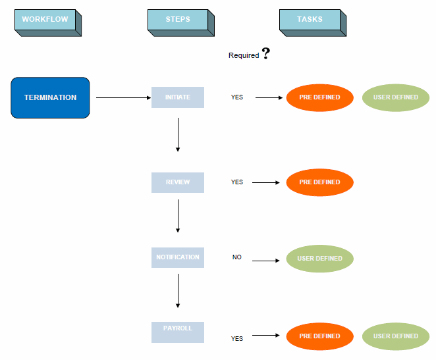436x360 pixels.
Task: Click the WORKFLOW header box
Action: point(45,20)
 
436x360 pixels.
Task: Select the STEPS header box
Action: point(178,20)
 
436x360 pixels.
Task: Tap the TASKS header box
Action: point(310,20)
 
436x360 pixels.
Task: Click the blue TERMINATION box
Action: point(50,97)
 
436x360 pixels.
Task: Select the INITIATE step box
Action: point(178,97)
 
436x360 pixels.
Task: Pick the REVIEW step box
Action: point(178,182)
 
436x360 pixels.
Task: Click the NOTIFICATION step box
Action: point(178,257)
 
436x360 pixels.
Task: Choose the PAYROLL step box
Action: point(178,332)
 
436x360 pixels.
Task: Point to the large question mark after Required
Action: point(266,54)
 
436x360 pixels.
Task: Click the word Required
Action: point(244,56)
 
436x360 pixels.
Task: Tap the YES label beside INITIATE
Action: point(237,97)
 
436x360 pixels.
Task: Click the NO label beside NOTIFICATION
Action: point(237,257)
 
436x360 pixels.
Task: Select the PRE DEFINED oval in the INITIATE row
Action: point(320,98)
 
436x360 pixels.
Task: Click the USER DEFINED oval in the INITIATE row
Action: point(396,98)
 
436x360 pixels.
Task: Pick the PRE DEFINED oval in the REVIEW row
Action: point(320,182)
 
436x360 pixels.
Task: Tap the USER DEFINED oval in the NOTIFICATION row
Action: point(320,259)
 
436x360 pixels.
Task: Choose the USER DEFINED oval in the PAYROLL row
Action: point(396,336)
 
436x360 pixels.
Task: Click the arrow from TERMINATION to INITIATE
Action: point(124,98)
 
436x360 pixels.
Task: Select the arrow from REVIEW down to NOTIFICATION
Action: point(178,216)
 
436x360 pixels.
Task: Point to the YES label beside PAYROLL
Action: point(237,339)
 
